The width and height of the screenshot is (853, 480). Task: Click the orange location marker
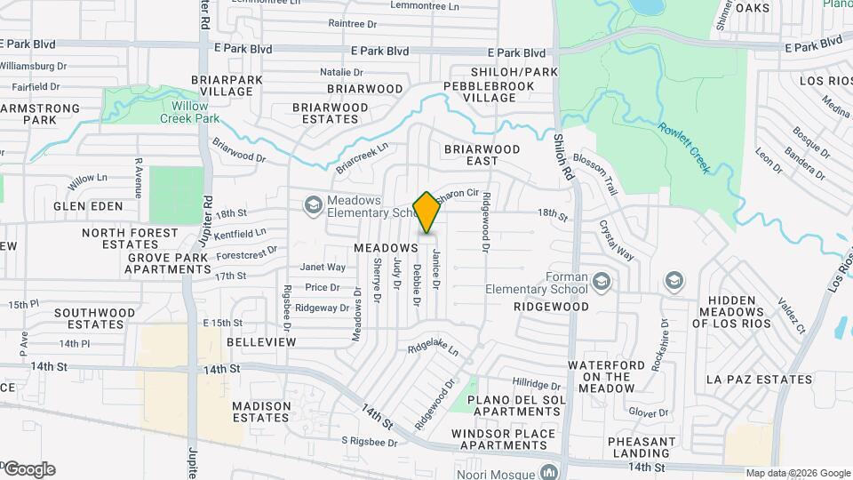pyautogui.click(x=426, y=212)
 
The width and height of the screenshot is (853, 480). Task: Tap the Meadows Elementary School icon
pyautogui.click(x=313, y=206)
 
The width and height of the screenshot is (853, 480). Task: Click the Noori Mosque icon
pyautogui.click(x=549, y=472)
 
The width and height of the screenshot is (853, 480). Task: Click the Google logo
pyautogui.click(x=28, y=469)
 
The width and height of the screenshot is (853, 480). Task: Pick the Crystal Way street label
pyautogui.click(x=616, y=240)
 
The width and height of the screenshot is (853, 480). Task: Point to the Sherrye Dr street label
pyautogui.click(x=377, y=280)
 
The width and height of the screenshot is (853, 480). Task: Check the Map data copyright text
pyautogui.click(x=797, y=473)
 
